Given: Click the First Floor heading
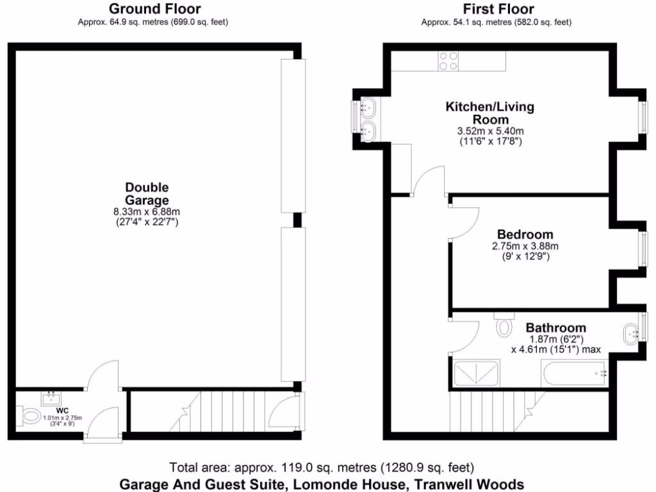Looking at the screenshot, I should point(498,9).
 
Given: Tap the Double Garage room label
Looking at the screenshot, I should point(147,194).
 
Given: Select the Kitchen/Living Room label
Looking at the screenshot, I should point(490,113).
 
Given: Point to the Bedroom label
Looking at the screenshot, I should point(525,234).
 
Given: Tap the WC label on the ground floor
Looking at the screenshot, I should point(62,410).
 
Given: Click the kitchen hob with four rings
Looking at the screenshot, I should point(448,60).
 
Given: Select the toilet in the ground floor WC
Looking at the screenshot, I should point(29,416).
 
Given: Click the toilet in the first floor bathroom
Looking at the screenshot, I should point(505,325).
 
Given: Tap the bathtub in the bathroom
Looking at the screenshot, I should point(574,373).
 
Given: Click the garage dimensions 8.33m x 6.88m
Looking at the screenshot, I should point(147,212).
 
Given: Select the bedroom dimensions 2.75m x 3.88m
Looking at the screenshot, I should point(525,246).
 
